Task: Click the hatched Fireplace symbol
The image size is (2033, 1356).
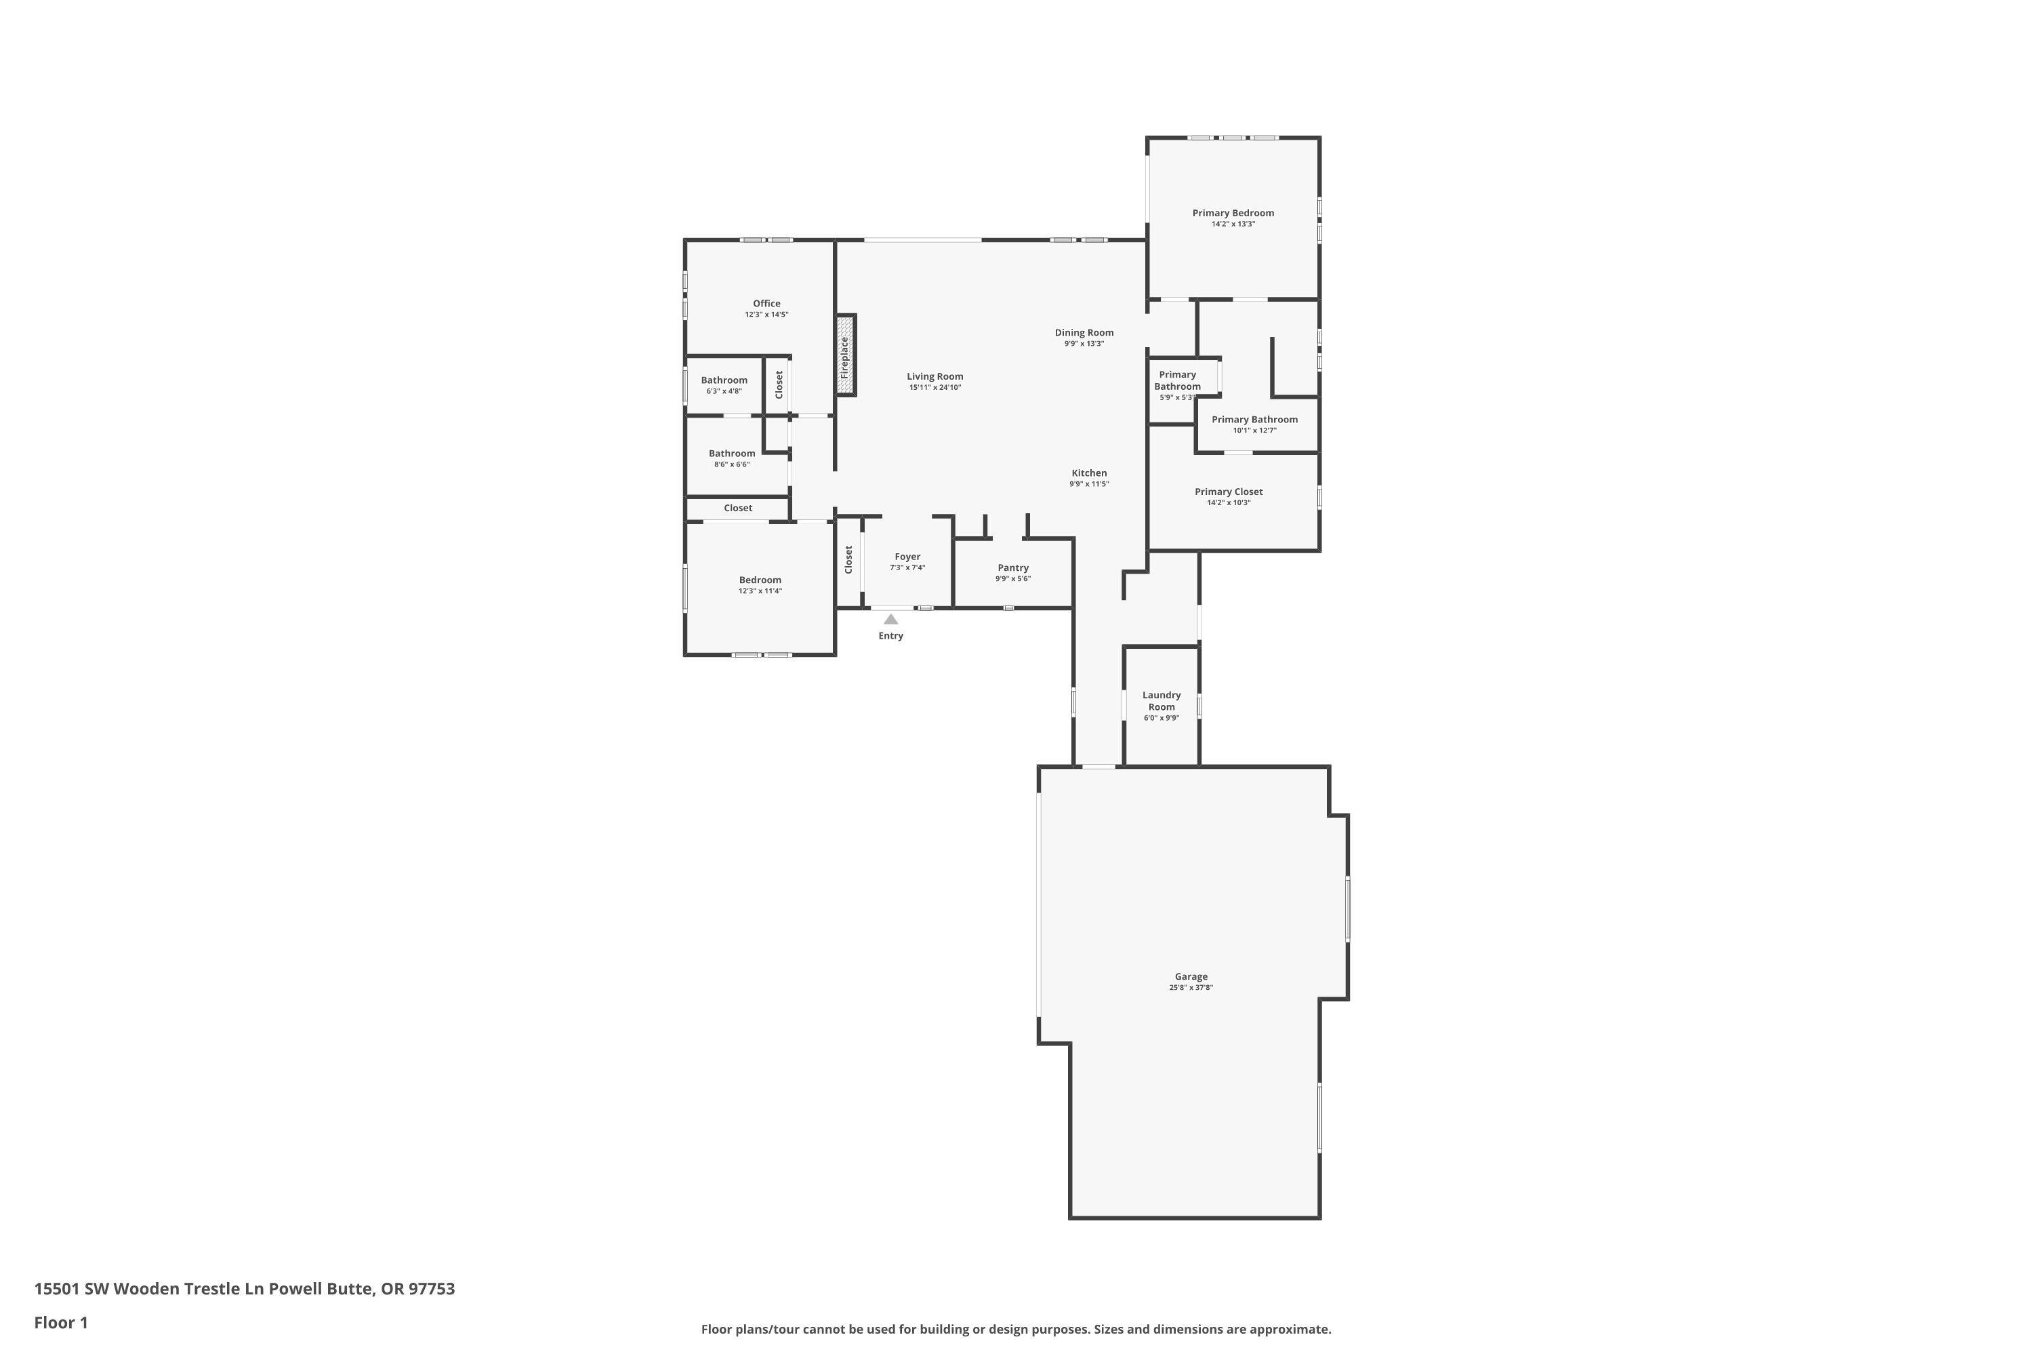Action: tap(845, 355)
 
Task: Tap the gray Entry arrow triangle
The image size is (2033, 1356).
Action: tap(890, 619)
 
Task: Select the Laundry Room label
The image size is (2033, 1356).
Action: tap(1161, 700)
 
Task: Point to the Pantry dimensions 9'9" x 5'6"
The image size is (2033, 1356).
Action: tap(1012, 578)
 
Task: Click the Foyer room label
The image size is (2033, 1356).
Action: tap(907, 557)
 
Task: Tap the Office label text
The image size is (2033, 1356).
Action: tap(766, 304)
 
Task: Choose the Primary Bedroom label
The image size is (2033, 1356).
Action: tap(1233, 213)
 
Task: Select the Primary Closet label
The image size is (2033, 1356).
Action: tap(1228, 491)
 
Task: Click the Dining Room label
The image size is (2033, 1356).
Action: tap(1083, 332)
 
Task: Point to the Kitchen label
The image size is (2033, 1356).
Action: tap(1088, 473)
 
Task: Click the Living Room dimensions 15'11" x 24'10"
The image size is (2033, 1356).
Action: tap(935, 387)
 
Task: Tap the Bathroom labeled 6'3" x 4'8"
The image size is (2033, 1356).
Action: tap(724, 380)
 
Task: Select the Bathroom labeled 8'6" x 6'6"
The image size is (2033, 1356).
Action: tap(731, 453)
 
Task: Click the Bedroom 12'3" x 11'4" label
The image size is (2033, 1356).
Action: tap(760, 580)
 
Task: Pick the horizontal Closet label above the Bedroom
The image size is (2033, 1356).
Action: tap(737, 508)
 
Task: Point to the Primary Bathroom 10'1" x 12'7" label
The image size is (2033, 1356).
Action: tap(1254, 420)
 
